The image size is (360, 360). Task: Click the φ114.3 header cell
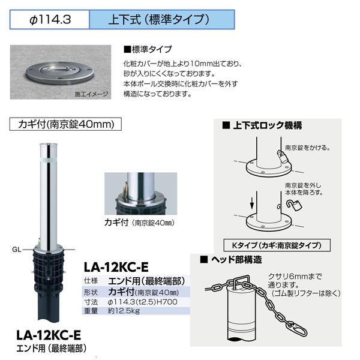point(49,20)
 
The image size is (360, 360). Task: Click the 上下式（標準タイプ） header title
point(159,19)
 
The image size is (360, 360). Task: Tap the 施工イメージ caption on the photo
point(91,94)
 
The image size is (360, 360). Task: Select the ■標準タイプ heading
point(148,49)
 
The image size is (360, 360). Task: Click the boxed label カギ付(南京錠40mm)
point(65,124)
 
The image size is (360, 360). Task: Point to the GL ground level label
point(17,250)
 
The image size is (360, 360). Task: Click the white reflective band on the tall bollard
point(49,160)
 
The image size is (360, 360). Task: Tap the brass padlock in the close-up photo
point(124,188)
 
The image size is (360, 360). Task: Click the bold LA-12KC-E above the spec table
point(116,267)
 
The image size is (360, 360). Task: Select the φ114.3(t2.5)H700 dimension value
point(143,302)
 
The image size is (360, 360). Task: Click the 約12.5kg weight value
point(124,311)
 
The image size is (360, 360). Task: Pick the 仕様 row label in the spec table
point(91,281)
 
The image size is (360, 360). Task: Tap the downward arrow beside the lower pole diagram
point(252,203)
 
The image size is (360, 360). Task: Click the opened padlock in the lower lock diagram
point(294,205)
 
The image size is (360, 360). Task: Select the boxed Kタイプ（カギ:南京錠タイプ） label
point(277,245)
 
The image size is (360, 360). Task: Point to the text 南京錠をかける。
point(308,148)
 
